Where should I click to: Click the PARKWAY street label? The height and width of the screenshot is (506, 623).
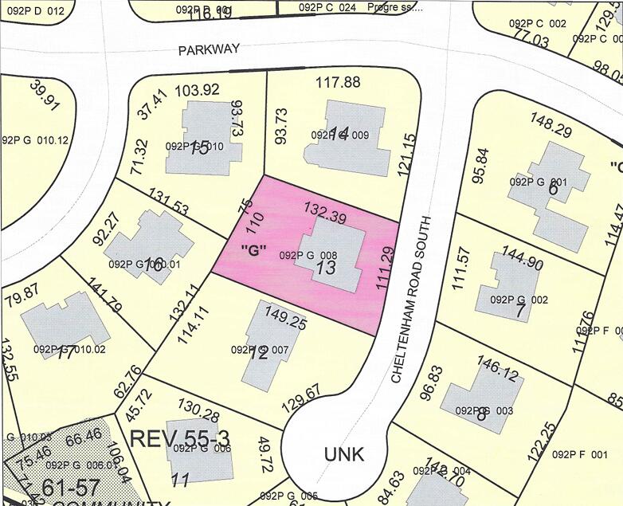click(209, 49)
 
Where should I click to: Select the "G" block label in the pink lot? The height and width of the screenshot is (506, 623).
click(253, 249)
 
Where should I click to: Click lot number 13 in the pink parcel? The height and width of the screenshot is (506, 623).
click(325, 269)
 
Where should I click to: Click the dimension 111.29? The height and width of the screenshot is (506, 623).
click(385, 268)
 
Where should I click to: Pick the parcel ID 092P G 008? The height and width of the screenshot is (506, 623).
click(310, 255)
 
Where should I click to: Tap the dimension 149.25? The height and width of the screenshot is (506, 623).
click(284, 324)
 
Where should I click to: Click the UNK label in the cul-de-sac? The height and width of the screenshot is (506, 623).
click(344, 454)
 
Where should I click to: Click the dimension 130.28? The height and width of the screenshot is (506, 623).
click(200, 415)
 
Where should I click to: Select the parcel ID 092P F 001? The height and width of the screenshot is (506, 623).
click(579, 454)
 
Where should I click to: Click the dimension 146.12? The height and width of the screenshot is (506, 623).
click(501, 367)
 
